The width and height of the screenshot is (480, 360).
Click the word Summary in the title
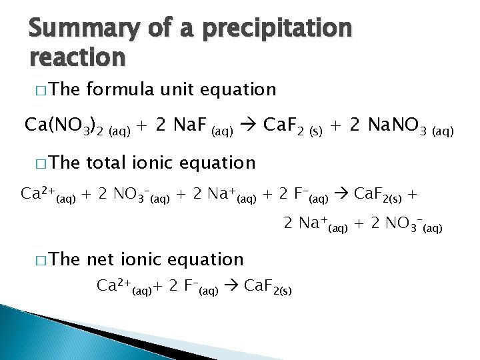pyautogui.click(x=83, y=29)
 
